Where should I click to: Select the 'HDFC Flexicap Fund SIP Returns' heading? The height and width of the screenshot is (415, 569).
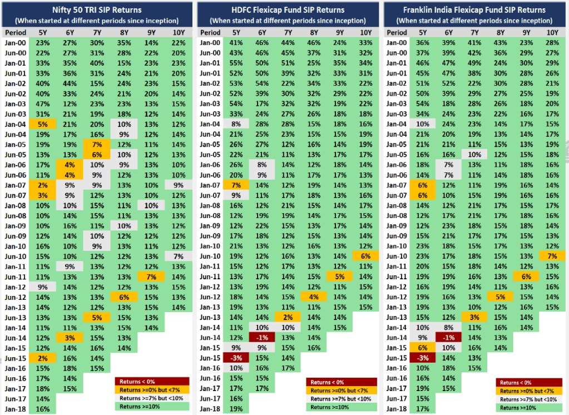pyautogui.click(x=283, y=10)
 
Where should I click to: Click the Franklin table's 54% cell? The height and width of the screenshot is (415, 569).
pyautogui.click(x=424, y=103)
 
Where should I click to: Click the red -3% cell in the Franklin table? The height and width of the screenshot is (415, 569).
pyautogui.click(x=424, y=358)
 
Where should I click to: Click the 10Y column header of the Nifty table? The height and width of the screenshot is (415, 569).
pyautogui.click(x=178, y=33)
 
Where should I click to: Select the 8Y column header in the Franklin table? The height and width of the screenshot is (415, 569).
pyautogui.click(x=500, y=33)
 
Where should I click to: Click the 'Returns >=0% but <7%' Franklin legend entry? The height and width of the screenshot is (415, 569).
pyautogui.click(x=530, y=391)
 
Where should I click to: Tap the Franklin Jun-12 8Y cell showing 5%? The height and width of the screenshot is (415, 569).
pyautogui.click(x=500, y=297)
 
